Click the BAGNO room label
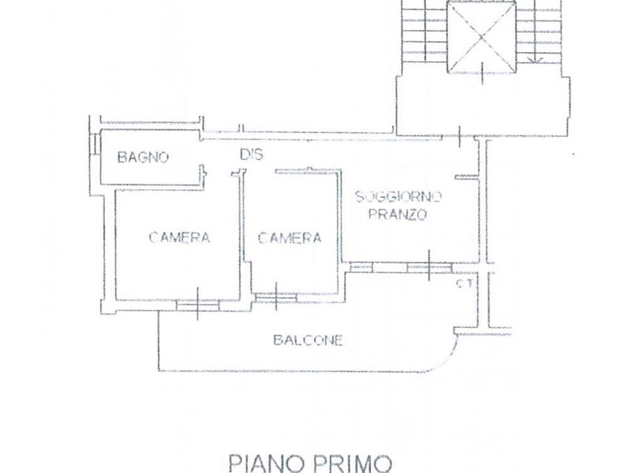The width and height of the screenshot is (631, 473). point(143,157)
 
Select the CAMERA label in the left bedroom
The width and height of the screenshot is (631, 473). point(179,237)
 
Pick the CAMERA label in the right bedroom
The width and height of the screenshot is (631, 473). point(289,237)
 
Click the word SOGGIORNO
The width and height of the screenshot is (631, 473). point(399,196)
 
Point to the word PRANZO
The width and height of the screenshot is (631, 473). point(400,214)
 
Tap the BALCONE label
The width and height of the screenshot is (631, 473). point(308,341)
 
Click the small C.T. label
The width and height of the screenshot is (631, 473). point(464,285)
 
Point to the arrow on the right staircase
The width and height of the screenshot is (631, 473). point(537,55)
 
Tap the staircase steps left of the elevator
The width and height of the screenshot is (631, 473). point(423,32)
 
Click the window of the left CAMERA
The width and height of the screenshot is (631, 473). point(197,304)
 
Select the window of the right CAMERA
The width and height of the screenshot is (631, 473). point(276,296)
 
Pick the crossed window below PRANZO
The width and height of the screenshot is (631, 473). point(428,267)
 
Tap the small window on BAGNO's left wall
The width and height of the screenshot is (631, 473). point(94,146)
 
